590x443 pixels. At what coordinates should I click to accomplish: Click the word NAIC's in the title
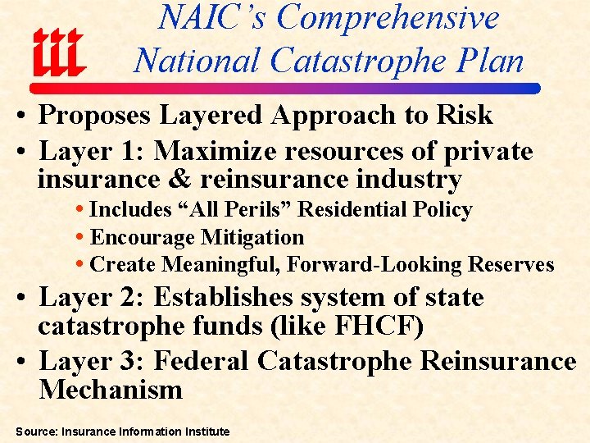(x=211, y=18)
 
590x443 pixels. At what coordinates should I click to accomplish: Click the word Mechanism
(x=111, y=389)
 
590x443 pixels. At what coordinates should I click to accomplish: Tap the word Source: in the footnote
(x=35, y=431)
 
